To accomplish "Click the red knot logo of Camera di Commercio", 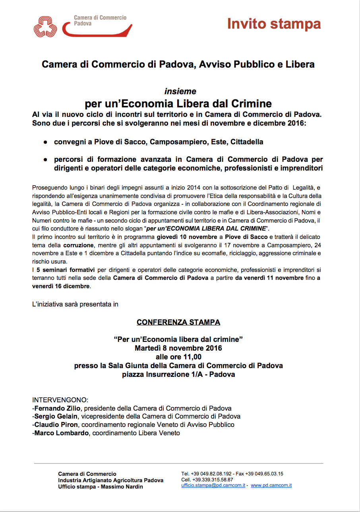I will tap(45, 26).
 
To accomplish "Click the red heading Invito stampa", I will tap(274, 24).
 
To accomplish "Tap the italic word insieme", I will tap(180, 91).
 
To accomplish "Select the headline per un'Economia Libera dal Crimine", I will tap(178, 104).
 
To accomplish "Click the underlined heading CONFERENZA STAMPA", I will tap(178, 322).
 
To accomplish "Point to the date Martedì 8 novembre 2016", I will tap(178, 348).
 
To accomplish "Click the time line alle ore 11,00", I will tap(178, 357).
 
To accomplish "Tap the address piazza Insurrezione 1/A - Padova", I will tap(178, 374).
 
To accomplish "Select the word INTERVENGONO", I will tap(60, 400).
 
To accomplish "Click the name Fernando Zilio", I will tap(58, 408).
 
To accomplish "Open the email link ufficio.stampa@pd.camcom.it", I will tap(213, 486).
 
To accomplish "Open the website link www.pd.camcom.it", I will tap(271, 486).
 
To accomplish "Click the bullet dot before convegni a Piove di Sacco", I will tap(46, 142).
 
